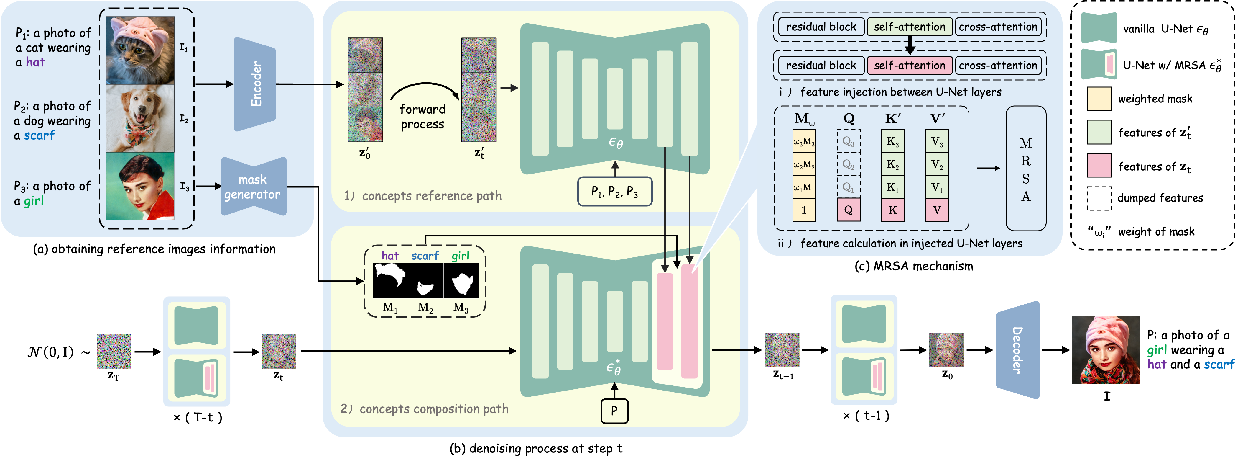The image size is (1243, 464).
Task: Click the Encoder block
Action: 255,84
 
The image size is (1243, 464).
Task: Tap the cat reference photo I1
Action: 140,50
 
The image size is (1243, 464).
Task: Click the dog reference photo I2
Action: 140,118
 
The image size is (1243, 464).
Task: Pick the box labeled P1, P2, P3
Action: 615,192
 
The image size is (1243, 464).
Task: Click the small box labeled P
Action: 614,411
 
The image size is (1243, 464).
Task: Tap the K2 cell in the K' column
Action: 893,164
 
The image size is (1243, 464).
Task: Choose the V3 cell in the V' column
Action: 937,141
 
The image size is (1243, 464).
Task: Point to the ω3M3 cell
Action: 804,141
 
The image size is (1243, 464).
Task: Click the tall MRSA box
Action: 1026,169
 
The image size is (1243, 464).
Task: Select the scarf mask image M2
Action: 426,280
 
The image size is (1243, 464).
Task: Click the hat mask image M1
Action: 390,280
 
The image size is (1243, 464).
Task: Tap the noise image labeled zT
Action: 114,351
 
